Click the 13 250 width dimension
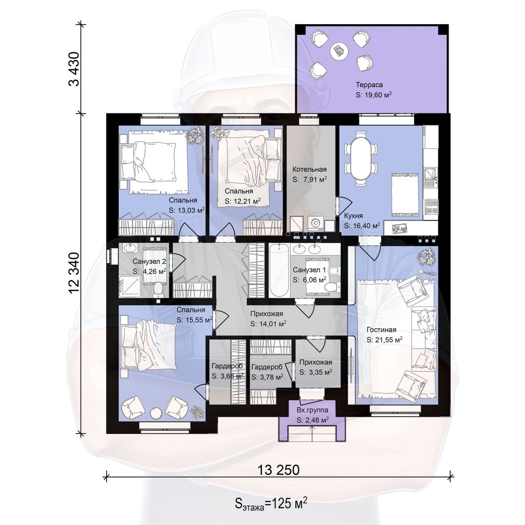tap(278, 470)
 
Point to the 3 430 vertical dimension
tap(74, 69)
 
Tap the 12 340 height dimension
tap(74, 273)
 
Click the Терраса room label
tap(369, 85)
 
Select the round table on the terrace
tap(339, 51)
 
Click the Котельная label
tap(309, 169)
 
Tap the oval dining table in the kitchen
tap(361, 158)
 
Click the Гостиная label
tap(381, 330)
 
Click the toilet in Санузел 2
tap(158, 289)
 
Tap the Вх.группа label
tap(312, 410)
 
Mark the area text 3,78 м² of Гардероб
tap(272, 377)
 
